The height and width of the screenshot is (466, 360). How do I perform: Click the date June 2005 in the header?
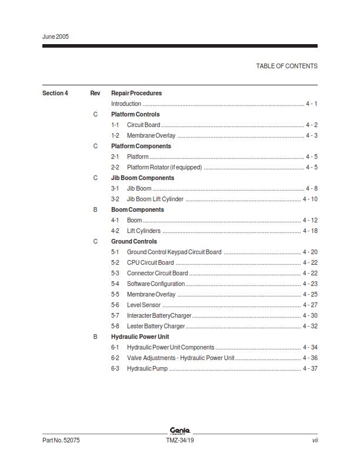(56, 36)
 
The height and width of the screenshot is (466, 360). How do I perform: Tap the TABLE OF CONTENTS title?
(286, 66)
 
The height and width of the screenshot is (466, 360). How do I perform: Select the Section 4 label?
(55, 93)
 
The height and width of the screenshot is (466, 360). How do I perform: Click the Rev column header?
(95, 93)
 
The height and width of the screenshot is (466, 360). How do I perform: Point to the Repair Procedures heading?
(136, 93)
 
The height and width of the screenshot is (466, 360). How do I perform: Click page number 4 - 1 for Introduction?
(311, 104)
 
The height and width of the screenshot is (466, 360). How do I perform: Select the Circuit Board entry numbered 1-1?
(144, 125)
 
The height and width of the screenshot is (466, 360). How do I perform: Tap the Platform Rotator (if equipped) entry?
(164, 167)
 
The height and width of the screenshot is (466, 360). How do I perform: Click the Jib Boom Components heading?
(142, 178)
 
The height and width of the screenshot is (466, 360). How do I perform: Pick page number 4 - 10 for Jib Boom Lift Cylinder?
(310, 199)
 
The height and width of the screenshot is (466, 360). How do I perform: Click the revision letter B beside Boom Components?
(95, 209)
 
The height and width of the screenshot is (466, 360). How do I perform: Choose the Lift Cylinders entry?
(144, 231)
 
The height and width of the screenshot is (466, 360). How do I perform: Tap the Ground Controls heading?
(134, 241)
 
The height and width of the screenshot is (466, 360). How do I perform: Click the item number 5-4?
(115, 284)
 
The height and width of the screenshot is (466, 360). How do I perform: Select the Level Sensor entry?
(144, 305)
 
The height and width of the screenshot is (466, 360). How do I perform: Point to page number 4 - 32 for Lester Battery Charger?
(310, 326)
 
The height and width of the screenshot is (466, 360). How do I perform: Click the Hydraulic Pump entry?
(147, 368)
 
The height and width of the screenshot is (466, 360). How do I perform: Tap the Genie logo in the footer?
(179, 431)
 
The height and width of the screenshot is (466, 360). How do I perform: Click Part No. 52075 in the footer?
(61, 440)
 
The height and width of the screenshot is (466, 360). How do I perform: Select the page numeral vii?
(315, 440)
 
